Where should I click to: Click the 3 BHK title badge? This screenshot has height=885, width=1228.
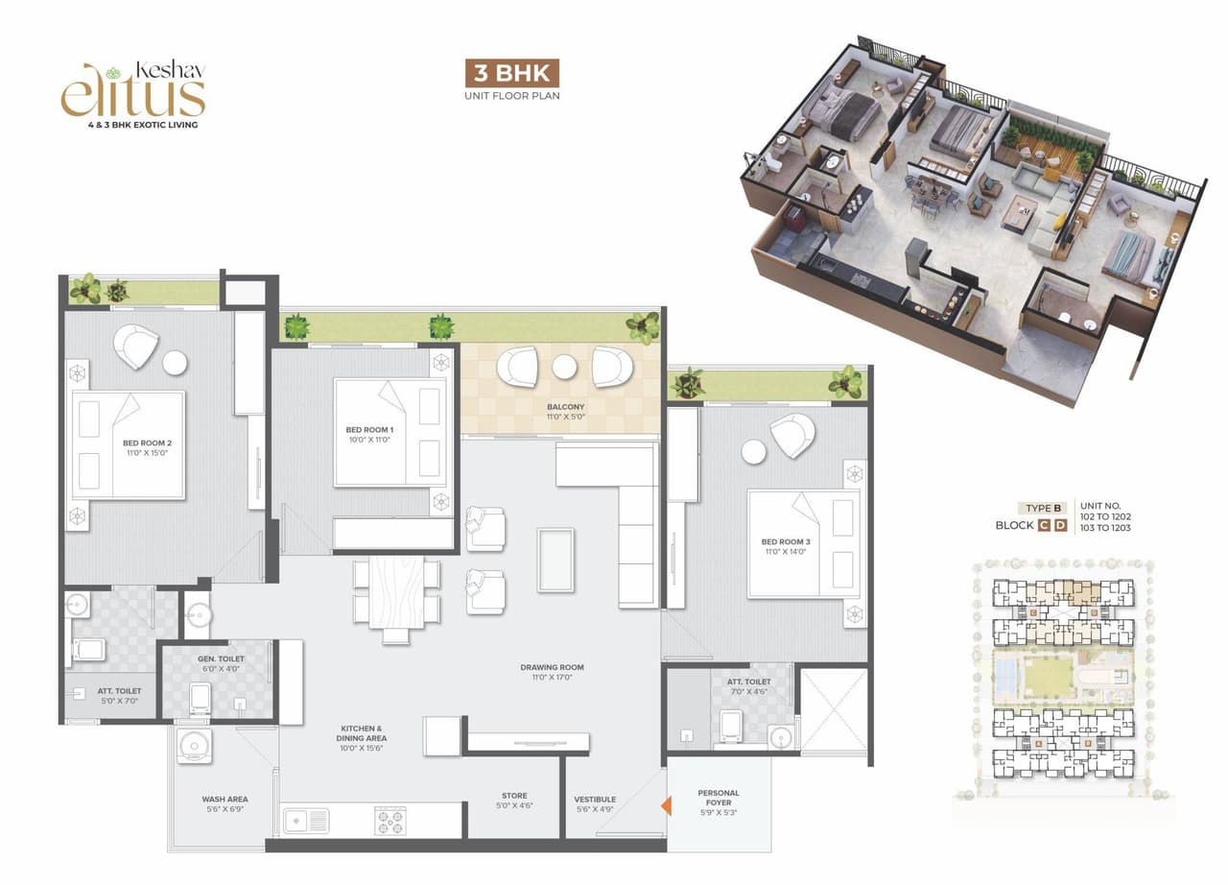(511, 74)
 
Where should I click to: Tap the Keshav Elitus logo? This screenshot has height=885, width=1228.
(133, 94)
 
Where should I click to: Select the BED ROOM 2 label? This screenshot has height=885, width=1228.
(146, 447)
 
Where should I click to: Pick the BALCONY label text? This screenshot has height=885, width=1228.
(565, 412)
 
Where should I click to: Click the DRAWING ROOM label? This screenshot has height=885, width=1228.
(552, 672)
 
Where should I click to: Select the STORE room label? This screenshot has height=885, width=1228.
(514, 801)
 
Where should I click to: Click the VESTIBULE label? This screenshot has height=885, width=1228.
(595, 803)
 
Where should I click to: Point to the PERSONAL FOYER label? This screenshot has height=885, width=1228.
(719, 799)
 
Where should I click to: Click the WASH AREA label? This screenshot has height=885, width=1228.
(225, 803)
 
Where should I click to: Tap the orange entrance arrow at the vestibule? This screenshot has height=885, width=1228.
(664, 806)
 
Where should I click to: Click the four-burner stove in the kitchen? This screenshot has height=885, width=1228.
(390, 822)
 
